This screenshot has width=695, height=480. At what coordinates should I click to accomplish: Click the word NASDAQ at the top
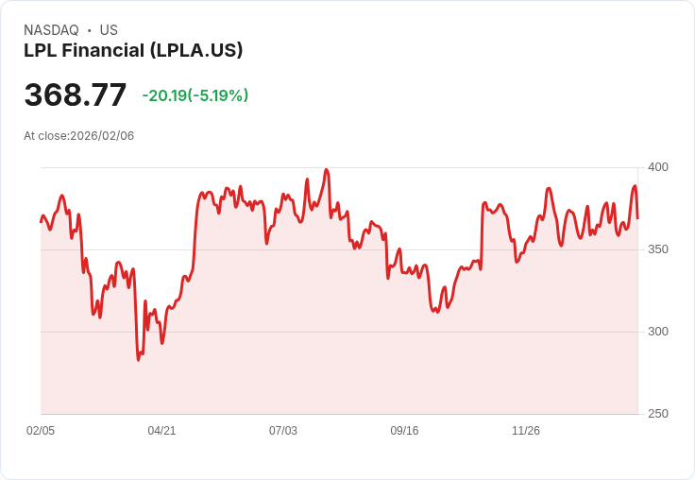pyautogui.click(x=51, y=30)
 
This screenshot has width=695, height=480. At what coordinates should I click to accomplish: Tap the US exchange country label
pyautogui.click(x=109, y=30)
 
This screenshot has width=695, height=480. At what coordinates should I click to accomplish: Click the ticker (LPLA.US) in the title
pyautogui.click(x=196, y=50)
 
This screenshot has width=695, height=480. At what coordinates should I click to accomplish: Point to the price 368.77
pyautogui.click(x=76, y=95)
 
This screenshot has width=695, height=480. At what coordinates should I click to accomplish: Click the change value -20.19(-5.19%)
pyautogui.click(x=195, y=95)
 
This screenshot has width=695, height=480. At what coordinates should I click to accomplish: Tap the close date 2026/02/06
pyautogui.click(x=102, y=136)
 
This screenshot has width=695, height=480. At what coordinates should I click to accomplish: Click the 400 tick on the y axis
pyautogui.click(x=658, y=167)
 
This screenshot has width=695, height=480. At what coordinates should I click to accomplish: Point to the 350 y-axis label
pyautogui.click(x=658, y=249)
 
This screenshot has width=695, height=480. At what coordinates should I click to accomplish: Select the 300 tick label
pyautogui.click(x=658, y=332)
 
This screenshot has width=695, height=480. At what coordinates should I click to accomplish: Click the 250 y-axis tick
pyautogui.click(x=658, y=414)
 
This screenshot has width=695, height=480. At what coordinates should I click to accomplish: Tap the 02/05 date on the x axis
pyautogui.click(x=41, y=431)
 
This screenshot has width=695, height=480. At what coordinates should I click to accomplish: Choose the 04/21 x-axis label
pyautogui.click(x=161, y=431)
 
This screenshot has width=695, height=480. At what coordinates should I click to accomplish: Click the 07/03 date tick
pyautogui.click(x=283, y=431)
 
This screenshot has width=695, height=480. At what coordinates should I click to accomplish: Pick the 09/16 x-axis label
pyautogui.click(x=404, y=431)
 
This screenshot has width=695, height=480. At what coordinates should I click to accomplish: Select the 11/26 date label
pyautogui.click(x=526, y=431)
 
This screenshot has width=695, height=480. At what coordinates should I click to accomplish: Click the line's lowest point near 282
pyautogui.click(x=138, y=360)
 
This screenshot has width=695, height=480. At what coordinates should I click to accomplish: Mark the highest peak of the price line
pyautogui.click(x=326, y=170)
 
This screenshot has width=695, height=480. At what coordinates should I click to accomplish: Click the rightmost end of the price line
pyautogui.click(x=637, y=218)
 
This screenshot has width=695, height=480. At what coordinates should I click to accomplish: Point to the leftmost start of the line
pyautogui.click(x=41, y=222)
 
